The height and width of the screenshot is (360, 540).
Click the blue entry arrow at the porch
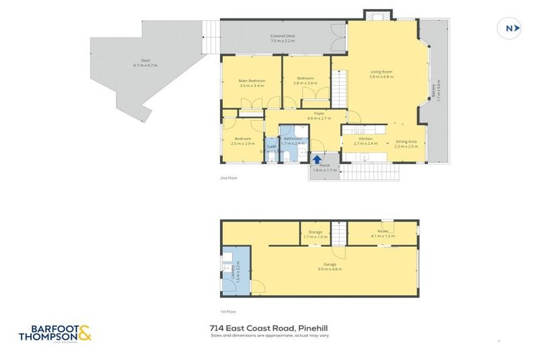[x=317, y=160]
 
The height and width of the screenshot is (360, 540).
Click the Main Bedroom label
[x=252, y=83]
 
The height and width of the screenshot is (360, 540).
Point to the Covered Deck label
[x=282, y=38]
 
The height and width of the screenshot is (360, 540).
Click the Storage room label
[x=315, y=233]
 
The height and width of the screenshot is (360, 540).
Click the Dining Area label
[x=406, y=144]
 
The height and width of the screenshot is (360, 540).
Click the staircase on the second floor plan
[x=340, y=89]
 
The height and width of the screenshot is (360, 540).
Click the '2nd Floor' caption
[x=229, y=179]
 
